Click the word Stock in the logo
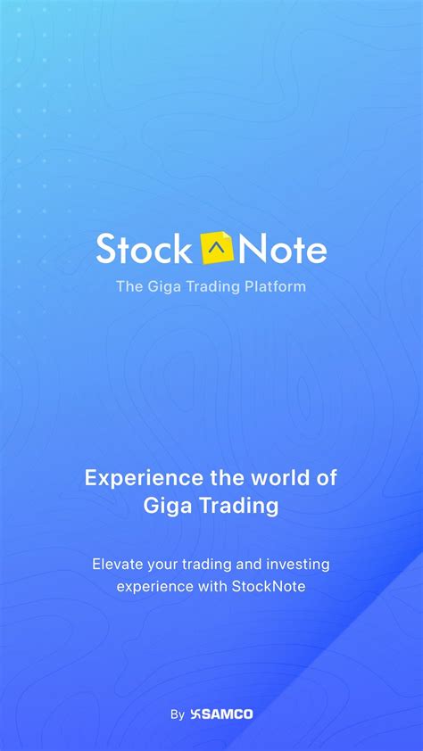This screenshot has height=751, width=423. [x=144, y=249]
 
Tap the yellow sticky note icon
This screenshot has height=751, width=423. [x=218, y=248]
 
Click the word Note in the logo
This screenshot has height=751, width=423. [x=283, y=249]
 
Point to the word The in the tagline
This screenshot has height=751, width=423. [x=127, y=286]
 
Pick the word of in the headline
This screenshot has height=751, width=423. [x=327, y=478]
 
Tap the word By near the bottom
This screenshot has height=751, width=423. [x=178, y=715]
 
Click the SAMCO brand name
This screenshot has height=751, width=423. [x=227, y=714]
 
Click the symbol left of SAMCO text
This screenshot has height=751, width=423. [x=195, y=714]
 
